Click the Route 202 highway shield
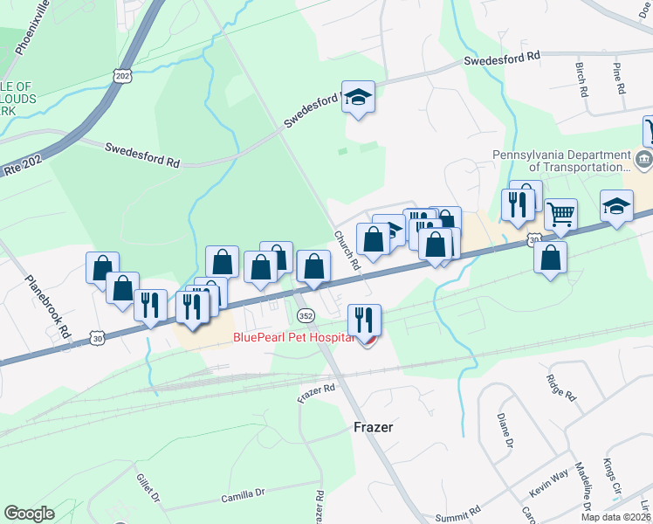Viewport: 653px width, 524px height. (x=121, y=76)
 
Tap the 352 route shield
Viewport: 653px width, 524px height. (x=305, y=314)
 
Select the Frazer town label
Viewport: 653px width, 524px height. (x=373, y=428)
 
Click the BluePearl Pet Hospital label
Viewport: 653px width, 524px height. (x=292, y=338)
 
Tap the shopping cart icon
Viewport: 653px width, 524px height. (x=560, y=212)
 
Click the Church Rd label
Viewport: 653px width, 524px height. (x=347, y=250)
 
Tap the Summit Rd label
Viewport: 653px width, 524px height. (x=458, y=514)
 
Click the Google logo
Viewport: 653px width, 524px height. (x=29, y=514)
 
